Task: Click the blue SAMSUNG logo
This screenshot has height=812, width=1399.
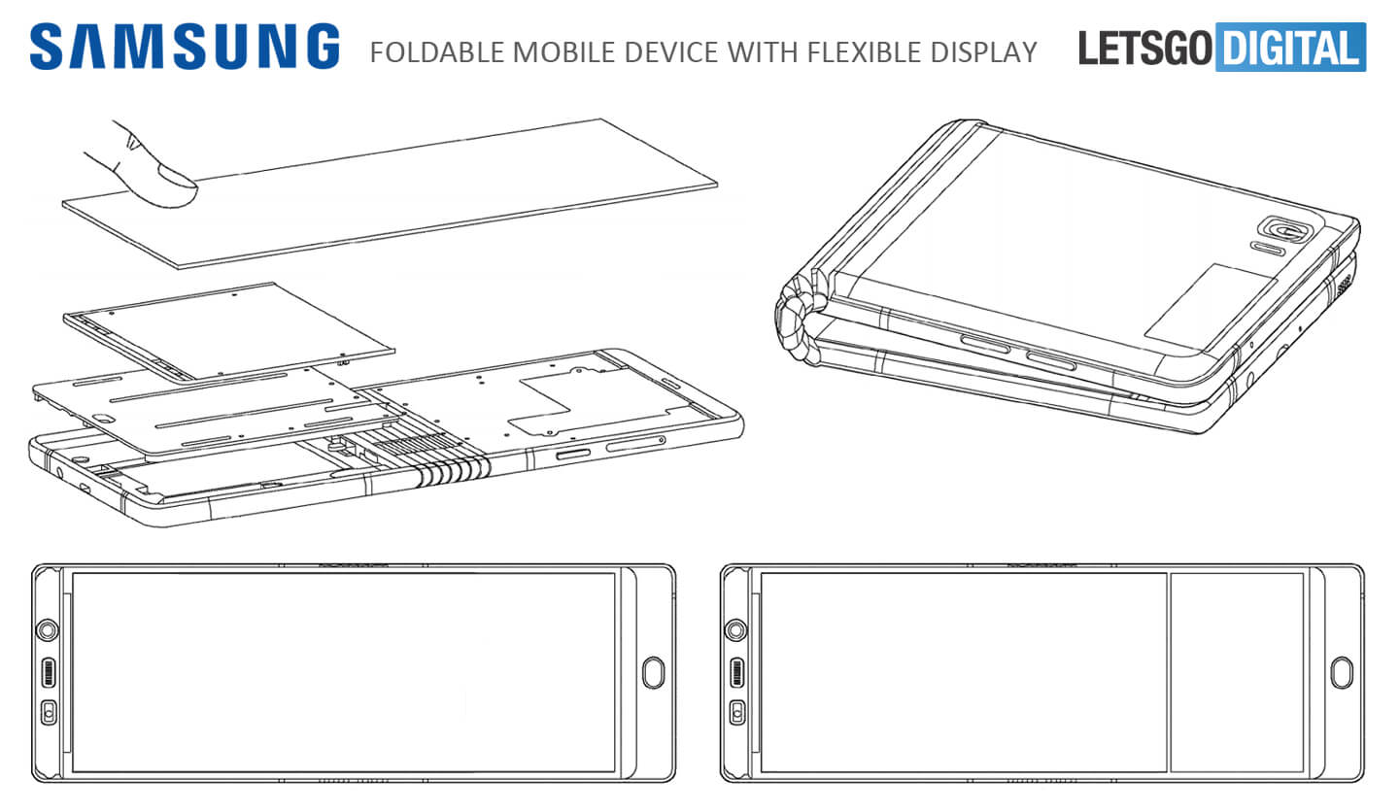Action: [185, 47]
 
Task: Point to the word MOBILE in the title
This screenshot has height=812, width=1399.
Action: [564, 52]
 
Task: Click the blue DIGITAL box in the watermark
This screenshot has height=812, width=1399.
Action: [1290, 48]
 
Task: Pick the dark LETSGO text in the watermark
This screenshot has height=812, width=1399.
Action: [1145, 48]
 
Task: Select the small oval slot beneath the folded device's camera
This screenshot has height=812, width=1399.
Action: [1267, 250]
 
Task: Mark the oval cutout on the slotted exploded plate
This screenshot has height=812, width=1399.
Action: [101, 416]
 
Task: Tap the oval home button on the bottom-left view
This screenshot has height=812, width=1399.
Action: [653, 673]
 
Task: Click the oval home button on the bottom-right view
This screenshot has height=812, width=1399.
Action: [1342, 673]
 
